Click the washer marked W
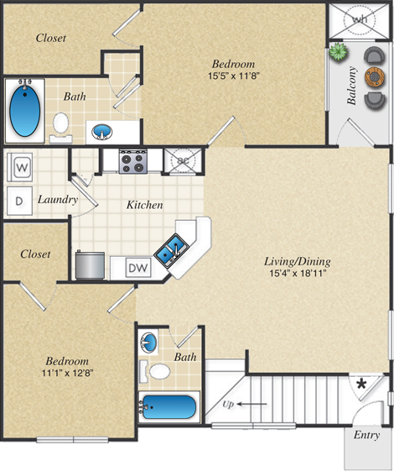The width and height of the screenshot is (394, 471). coord(22,167)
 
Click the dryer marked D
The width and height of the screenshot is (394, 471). coord(19,201)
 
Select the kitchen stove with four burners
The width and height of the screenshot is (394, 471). coord(133,160)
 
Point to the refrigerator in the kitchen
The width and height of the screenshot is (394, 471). coord(89,265)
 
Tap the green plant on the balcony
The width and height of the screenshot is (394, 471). coord(338,52)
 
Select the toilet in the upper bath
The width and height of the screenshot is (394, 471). coord(60,123)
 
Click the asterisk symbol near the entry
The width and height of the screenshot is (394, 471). coord(361,385)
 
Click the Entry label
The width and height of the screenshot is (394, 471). coord(366,435)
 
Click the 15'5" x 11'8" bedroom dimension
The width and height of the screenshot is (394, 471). coord(233,77)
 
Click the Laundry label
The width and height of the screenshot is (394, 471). coord(58,200)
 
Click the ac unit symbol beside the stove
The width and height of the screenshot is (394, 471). coord(181,159)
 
